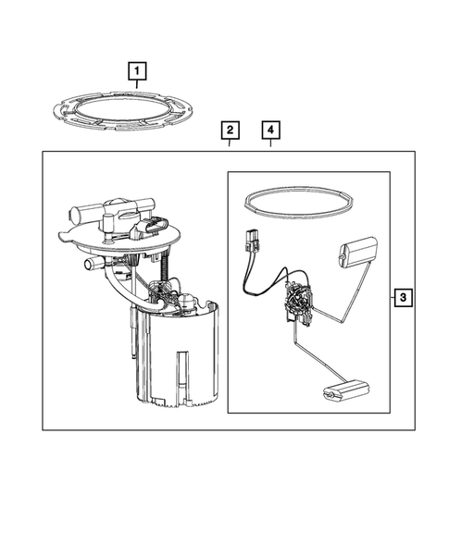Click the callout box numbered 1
[x=137, y=71]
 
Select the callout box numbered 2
[x=230, y=130]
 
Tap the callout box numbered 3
[x=403, y=297]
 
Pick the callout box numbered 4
[x=270, y=130]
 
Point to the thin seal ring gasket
[x=299, y=216]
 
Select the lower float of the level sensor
[x=345, y=391]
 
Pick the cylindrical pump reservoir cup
[x=178, y=358]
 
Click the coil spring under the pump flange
[x=165, y=265]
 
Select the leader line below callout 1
[x=137, y=84]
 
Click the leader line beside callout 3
[x=392, y=297]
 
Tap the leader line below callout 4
[x=270, y=142]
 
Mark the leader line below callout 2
[x=230, y=142]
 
